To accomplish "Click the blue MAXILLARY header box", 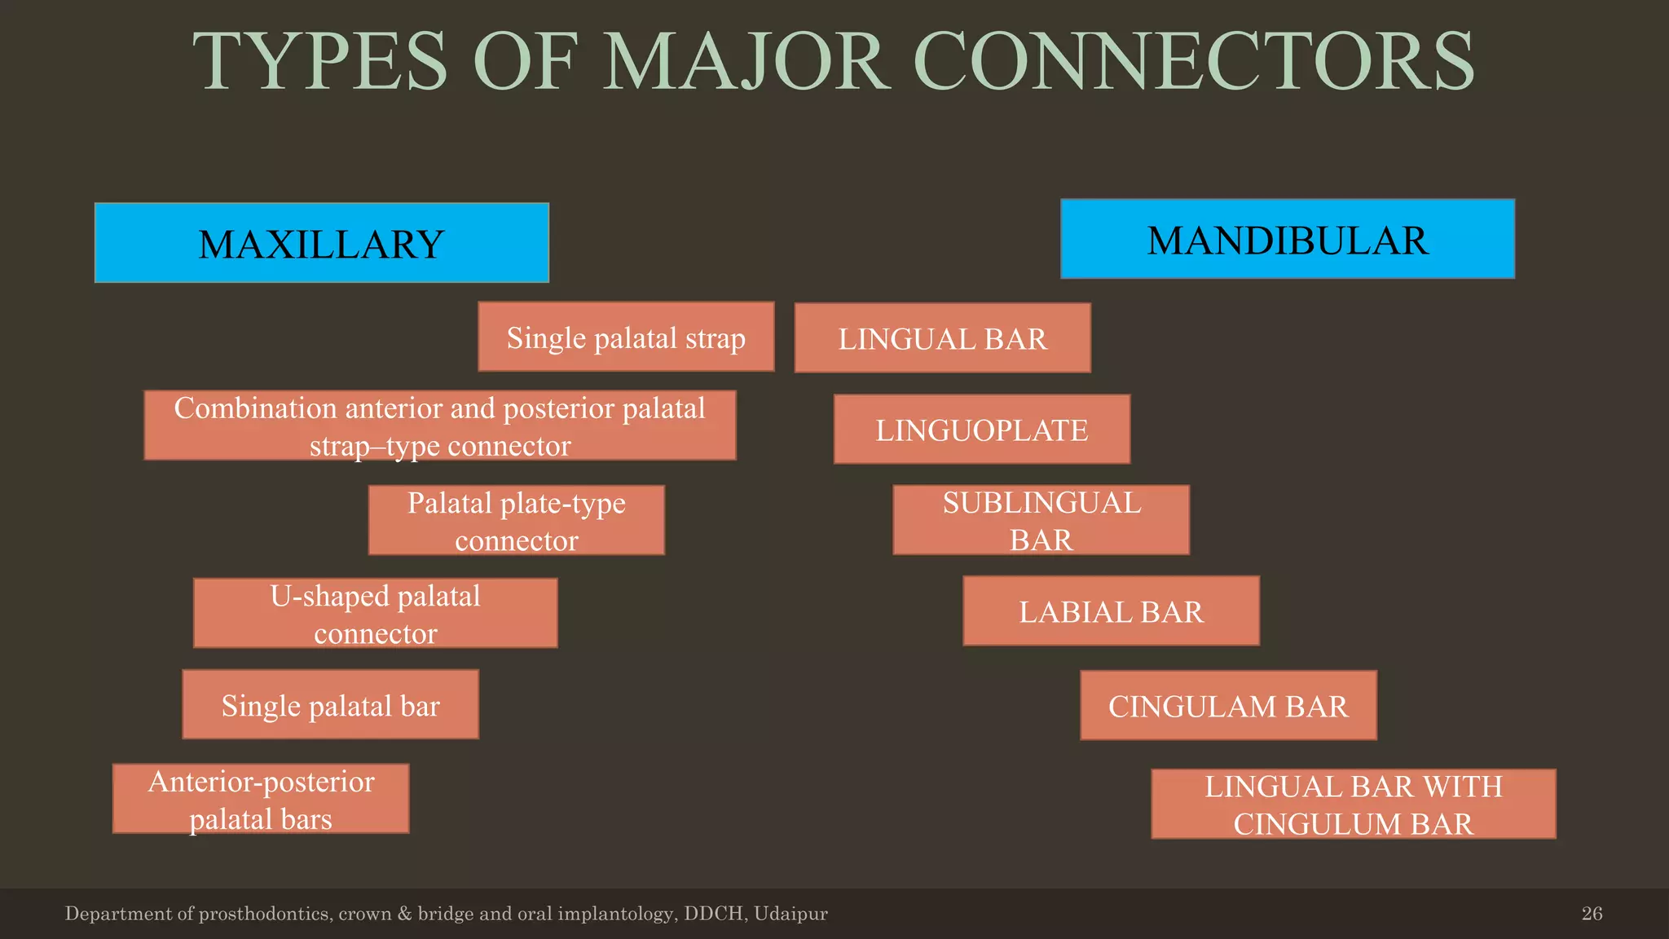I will click(321, 243).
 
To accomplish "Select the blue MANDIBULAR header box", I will click(1287, 239).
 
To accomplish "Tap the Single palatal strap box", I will click(626, 337).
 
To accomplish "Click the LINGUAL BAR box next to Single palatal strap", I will click(942, 338).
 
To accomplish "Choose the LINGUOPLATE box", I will click(981, 430).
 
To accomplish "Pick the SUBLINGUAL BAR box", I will click(1041, 520).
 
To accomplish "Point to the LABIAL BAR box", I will click(1111, 611).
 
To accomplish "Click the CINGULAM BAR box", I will click(1228, 706).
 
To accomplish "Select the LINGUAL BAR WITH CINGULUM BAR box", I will click(1353, 804).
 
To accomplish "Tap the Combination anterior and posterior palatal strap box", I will click(439, 425).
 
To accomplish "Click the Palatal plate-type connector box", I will click(516, 520).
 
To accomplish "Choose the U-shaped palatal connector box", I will click(375, 613).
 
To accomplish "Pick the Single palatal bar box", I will click(330, 705).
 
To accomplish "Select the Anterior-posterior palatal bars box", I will click(261, 799).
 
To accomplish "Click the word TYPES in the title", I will click(319, 62).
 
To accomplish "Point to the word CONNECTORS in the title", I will click(1193, 62).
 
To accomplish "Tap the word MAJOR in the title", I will click(746, 62).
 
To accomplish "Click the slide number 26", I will click(1592, 914).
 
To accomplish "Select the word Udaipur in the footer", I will click(790, 914).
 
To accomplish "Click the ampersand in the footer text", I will click(404, 914).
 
